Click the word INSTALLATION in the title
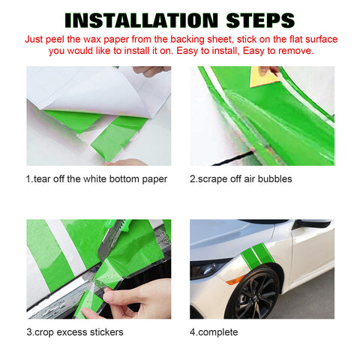pyautogui.click(x=142, y=20)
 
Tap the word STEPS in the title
pyautogui.click(x=260, y=20)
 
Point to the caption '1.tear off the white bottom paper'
pyautogui.click(x=97, y=179)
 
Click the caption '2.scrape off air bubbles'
pyautogui.click(x=241, y=179)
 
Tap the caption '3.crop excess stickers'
pyautogui.click(x=75, y=332)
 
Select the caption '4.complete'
pyautogui.click(x=214, y=332)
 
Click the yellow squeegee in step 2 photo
pyautogui.click(x=264, y=76)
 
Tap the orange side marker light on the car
pyautogui.click(x=235, y=280)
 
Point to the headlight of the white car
pyautogui.click(x=208, y=268)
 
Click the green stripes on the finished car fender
pyautogui.click(x=257, y=254)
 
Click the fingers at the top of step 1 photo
pyautogui.click(x=151, y=70)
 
